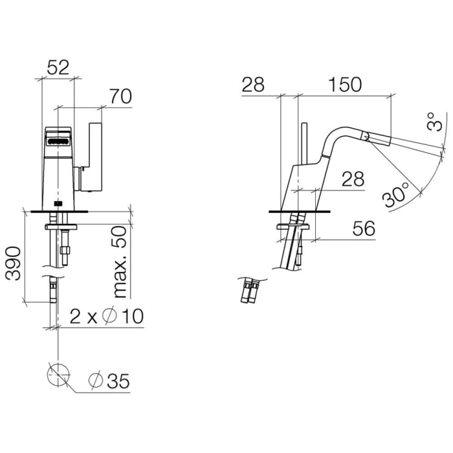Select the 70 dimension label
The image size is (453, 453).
[x=120, y=96]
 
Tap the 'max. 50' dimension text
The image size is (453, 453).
[x=120, y=262]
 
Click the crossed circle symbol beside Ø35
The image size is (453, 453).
[x=58, y=375]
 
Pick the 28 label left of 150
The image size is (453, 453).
[x=254, y=85]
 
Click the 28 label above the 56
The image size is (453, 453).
[x=353, y=179]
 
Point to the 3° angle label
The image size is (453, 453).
[x=436, y=122]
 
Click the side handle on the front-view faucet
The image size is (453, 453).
[x=94, y=155]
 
